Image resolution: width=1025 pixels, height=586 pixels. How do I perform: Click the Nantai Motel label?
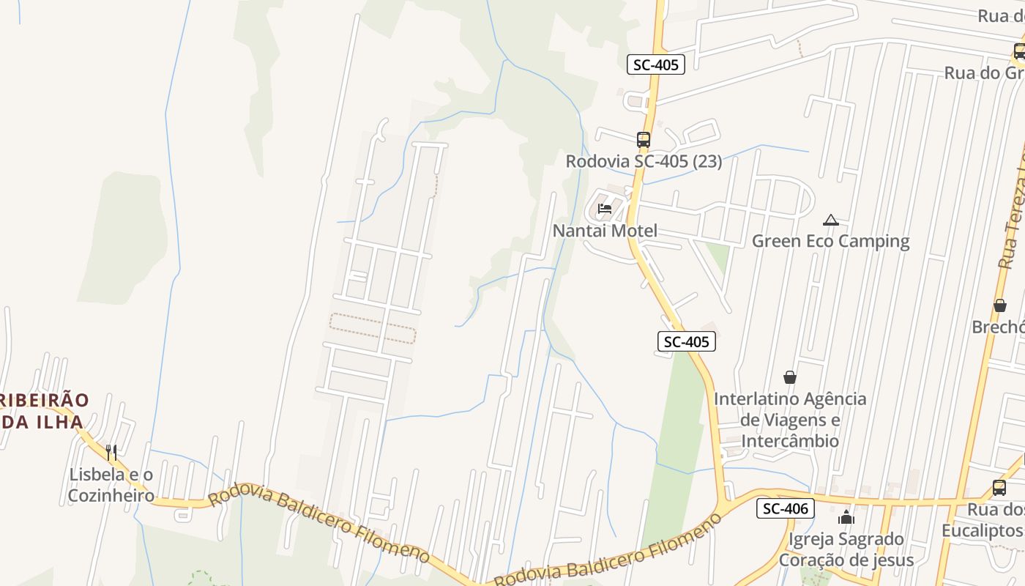[605, 231]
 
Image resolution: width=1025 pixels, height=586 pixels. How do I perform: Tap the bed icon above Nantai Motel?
[605, 209]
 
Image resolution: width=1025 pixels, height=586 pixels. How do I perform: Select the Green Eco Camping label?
[830, 241]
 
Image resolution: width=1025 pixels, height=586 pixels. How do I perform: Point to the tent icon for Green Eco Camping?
[830, 220]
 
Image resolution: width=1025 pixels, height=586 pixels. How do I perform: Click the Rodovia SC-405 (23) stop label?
[644, 161]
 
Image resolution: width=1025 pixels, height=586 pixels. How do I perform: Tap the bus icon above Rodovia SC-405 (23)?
[644, 139]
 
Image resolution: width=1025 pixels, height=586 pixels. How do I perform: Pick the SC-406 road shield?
[786, 508]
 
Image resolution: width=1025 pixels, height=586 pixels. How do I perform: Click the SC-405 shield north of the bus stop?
[656, 64]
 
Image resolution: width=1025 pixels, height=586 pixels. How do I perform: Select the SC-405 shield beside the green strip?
[686, 341]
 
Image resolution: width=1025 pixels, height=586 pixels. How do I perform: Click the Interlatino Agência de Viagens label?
[790, 420]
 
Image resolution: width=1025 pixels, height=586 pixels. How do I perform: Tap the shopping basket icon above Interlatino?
[790, 377]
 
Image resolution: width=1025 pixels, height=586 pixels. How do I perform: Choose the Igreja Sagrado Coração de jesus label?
[846, 549]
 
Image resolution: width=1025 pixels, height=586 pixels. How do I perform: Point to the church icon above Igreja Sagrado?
[846, 517]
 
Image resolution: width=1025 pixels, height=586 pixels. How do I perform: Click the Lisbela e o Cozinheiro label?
[111, 485]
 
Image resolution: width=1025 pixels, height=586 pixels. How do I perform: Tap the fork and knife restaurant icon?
[111, 452]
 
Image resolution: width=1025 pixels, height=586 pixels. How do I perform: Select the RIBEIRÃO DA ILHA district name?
[42, 411]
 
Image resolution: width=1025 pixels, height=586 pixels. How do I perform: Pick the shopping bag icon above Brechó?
[1000, 305]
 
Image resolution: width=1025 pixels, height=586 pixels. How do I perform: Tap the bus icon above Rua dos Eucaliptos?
[999, 487]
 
